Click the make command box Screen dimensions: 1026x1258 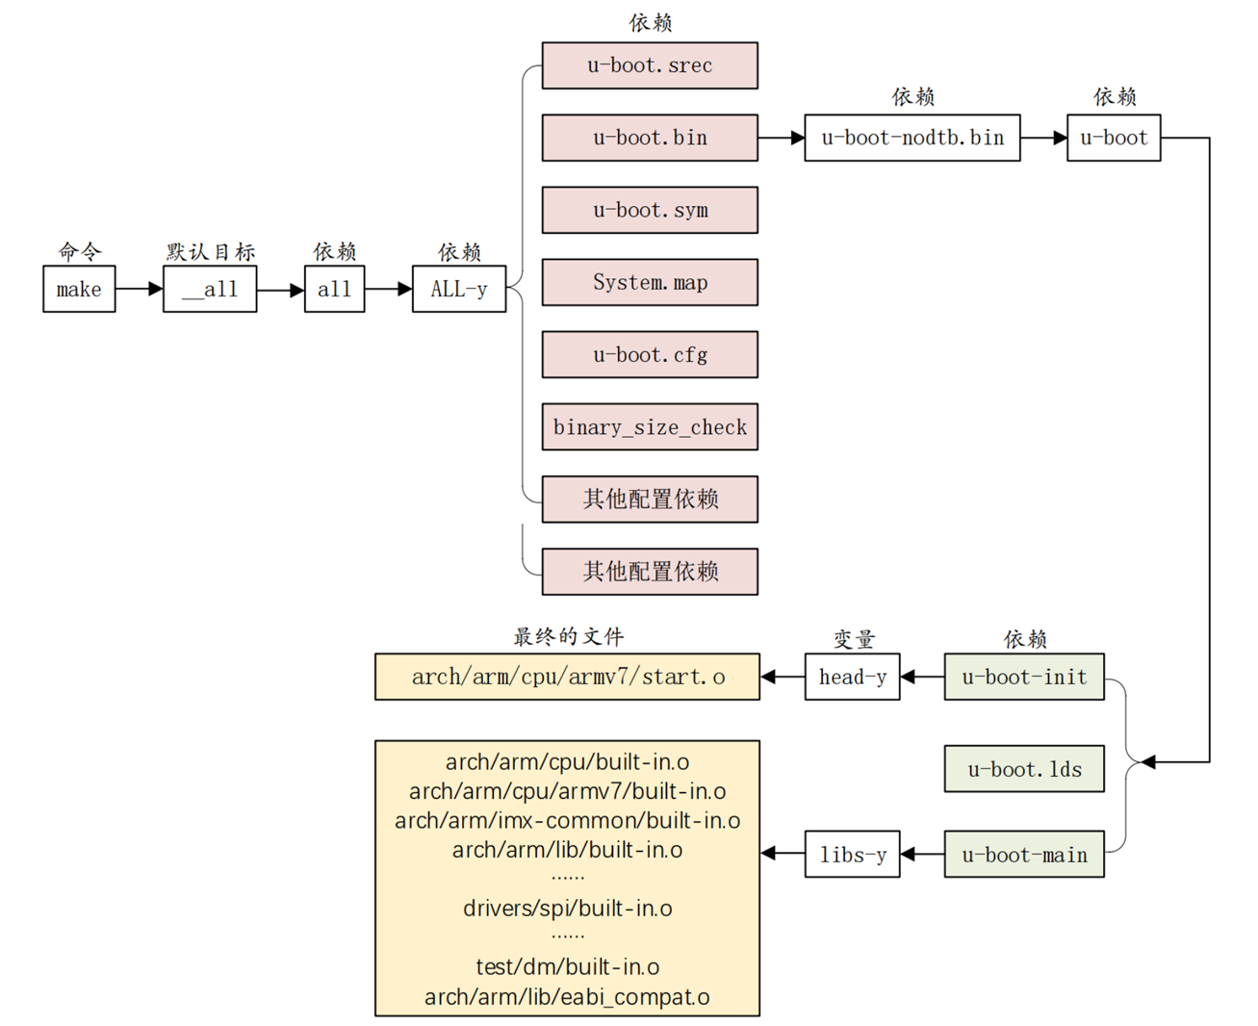pos(79,289)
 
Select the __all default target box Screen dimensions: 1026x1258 pos(210,289)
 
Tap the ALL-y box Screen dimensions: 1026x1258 pos(459,289)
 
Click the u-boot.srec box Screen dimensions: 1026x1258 pos(650,65)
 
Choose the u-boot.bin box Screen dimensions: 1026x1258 pos(650,138)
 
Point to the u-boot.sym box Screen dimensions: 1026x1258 pos(650,210)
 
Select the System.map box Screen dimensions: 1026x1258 pos(650,282)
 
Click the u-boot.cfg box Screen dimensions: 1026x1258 pos(650,355)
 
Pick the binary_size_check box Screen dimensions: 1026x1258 pos(650,427)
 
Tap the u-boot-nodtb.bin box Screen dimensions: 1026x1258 pos(911,138)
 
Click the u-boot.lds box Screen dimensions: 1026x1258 pos(1024,769)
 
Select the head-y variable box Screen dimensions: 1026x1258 pos(852,677)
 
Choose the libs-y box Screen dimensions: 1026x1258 pos(852,855)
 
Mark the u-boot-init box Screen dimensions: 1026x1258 pos(1024,677)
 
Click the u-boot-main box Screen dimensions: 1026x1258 pos(1024,855)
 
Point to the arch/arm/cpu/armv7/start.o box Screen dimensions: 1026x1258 pos(567,677)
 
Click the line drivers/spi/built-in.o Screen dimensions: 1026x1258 pos(567,908)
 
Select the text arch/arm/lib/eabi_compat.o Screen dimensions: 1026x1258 pos(567,997)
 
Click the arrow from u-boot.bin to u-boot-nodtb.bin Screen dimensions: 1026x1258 pos(781,138)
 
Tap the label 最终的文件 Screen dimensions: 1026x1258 pos(568,636)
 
